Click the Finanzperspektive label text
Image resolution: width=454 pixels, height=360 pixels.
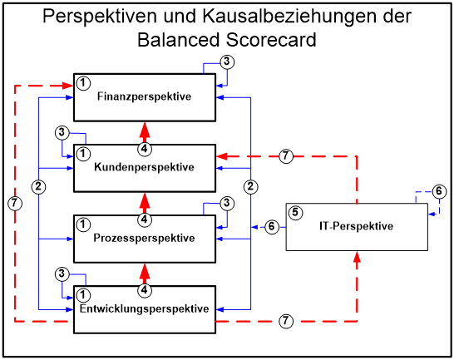[x=144, y=96]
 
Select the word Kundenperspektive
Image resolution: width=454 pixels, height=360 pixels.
[x=146, y=167]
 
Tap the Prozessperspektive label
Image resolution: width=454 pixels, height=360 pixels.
[x=146, y=239]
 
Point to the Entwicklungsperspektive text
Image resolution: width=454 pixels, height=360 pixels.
[x=144, y=309]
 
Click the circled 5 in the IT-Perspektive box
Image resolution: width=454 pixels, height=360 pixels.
[x=294, y=212]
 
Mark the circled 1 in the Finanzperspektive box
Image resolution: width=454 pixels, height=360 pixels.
[x=83, y=82]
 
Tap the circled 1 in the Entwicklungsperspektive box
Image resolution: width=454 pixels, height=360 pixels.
[x=83, y=295]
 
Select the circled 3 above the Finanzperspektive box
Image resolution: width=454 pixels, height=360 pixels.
[x=227, y=62]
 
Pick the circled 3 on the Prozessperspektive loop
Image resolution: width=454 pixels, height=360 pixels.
[x=227, y=203]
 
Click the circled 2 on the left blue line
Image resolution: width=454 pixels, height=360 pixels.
[x=38, y=185]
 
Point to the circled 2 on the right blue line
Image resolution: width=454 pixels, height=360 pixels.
[x=250, y=185]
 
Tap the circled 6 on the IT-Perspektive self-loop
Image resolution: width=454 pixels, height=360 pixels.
[x=439, y=192]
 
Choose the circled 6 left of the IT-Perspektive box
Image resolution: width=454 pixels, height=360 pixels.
[x=271, y=226]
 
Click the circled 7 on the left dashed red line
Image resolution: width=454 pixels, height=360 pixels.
[x=14, y=203]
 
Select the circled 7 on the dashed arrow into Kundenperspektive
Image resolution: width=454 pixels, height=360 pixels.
[x=285, y=156]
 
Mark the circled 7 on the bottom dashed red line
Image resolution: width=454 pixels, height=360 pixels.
[x=285, y=321]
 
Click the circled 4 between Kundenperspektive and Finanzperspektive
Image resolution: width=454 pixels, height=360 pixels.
[x=145, y=149]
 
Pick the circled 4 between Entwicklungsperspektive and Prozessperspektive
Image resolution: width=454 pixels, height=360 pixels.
[x=145, y=290]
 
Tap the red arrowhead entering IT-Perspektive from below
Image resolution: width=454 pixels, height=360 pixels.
[x=357, y=258]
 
